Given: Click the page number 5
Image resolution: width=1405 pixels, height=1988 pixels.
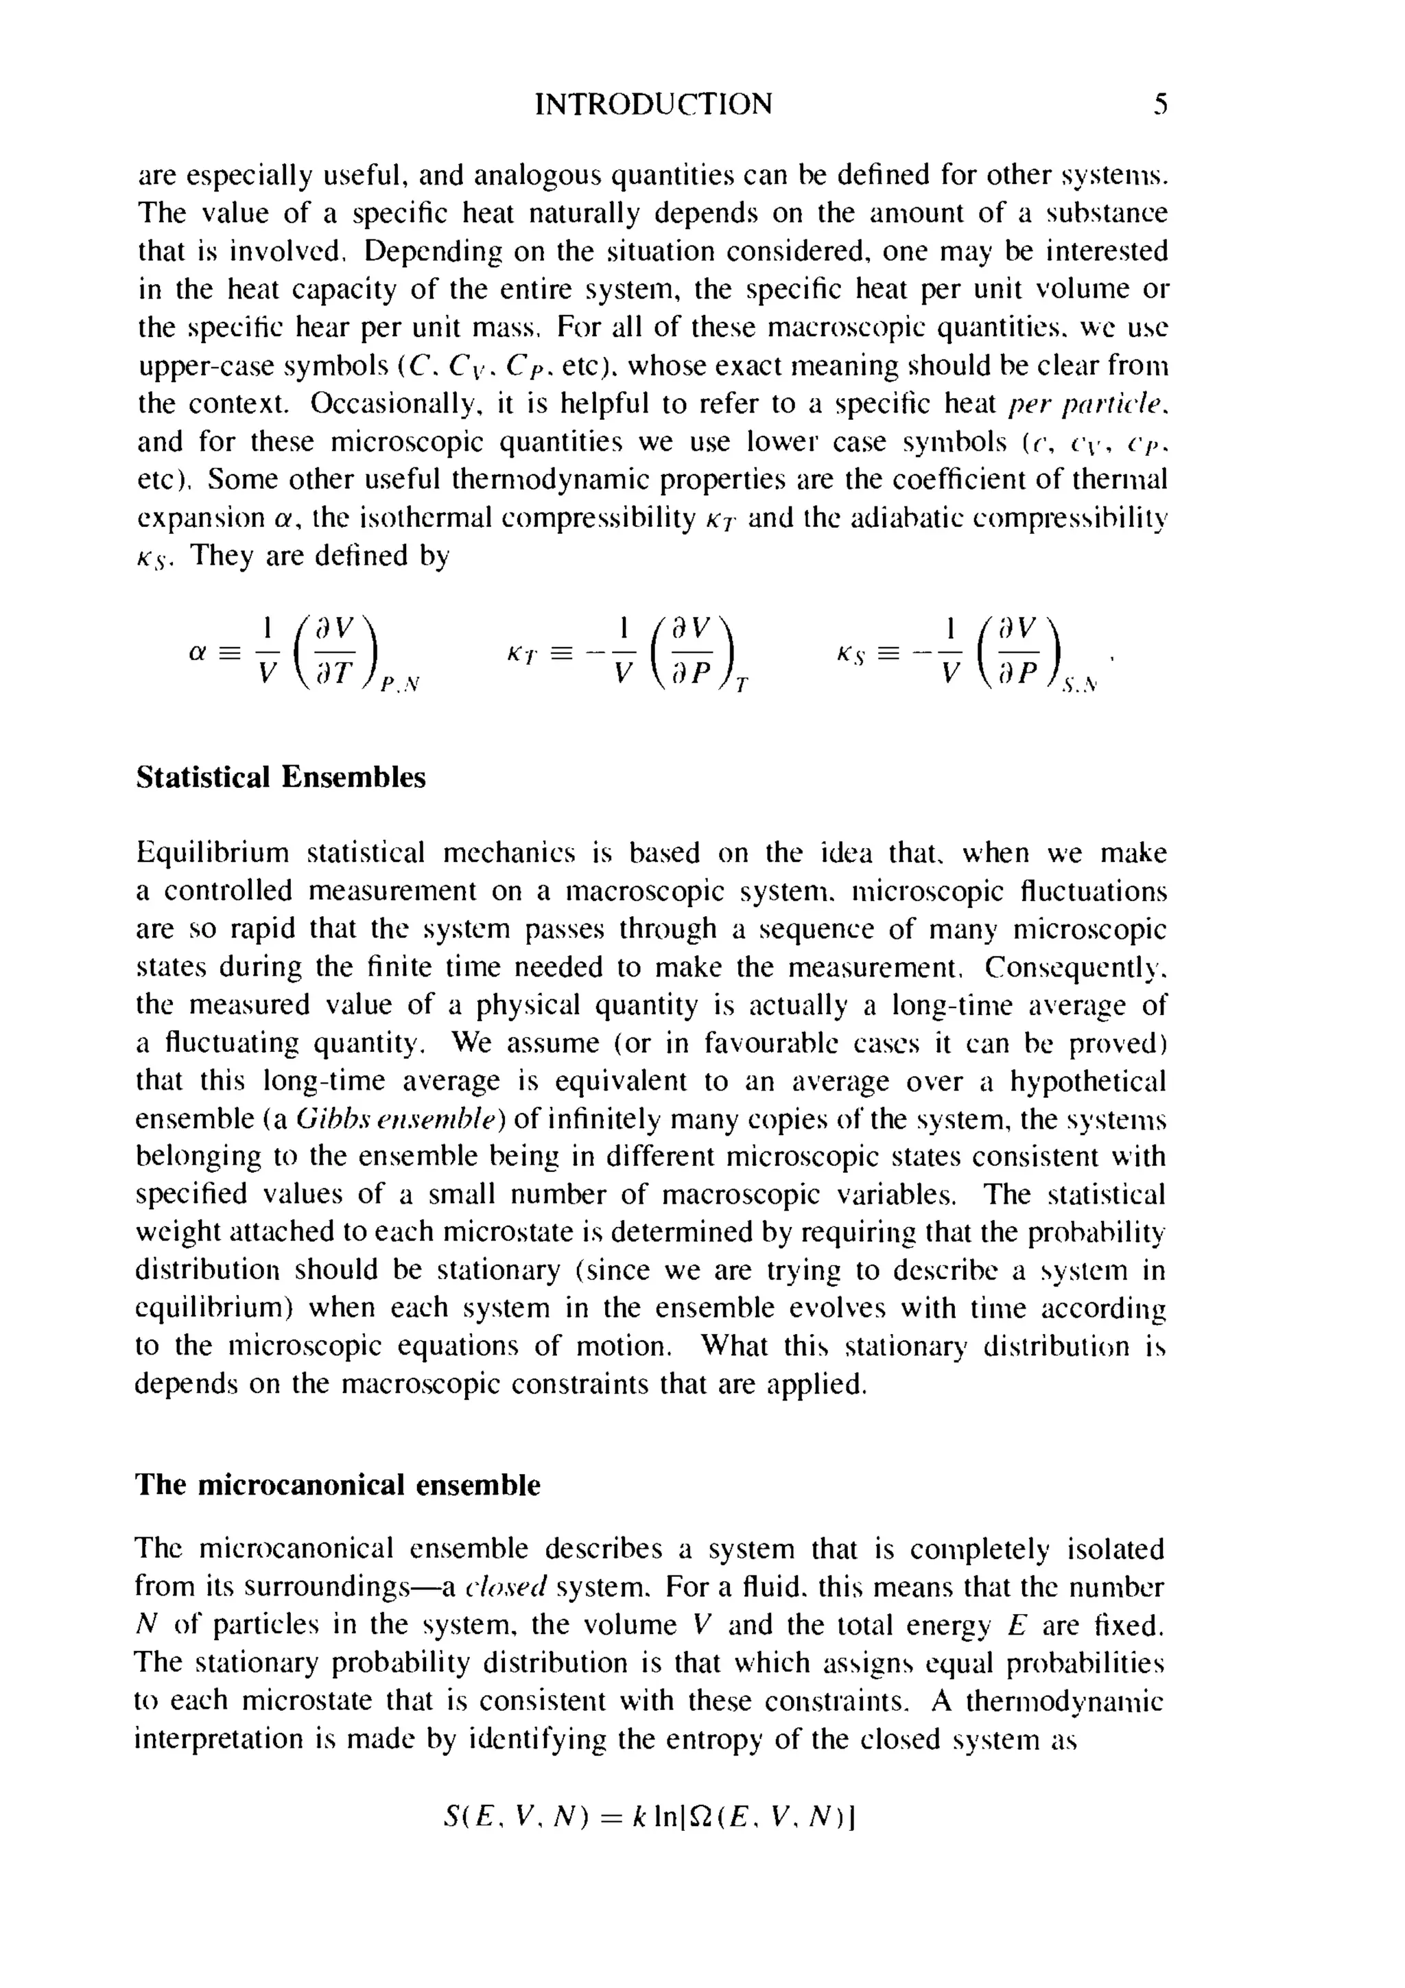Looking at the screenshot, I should (x=1160, y=105).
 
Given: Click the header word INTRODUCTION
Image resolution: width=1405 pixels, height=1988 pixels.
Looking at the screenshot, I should (x=654, y=105).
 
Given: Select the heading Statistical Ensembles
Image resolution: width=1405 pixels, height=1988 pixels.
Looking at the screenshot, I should (x=281, y=777).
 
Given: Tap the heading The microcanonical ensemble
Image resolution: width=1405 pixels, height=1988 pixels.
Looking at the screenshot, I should (x=338, y=1485).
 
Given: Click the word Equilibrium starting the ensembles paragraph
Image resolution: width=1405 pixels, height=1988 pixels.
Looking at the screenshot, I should (x=212, y=854).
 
